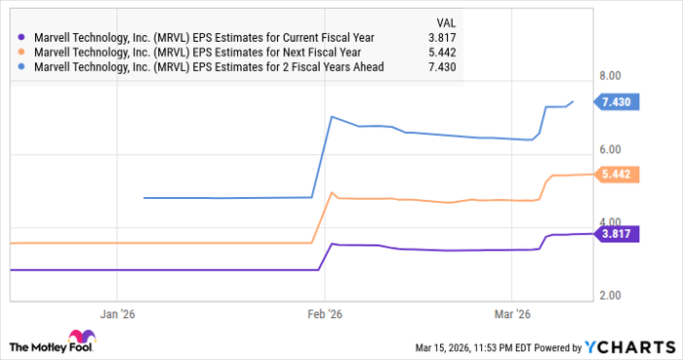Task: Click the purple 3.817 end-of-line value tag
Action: [x=619, y=233]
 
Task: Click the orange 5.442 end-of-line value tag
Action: [x=619, y=174]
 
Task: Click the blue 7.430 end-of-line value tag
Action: [x=619, y=101]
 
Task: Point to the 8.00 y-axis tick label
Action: [x=612, y=75]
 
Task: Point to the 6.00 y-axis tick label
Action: [x=612, y=148]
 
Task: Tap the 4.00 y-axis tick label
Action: [x=612, y=221]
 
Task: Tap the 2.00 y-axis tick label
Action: [x=612, y=295]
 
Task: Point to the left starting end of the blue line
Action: [x=144, y=198]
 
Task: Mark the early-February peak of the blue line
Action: [x=332, y=117]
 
